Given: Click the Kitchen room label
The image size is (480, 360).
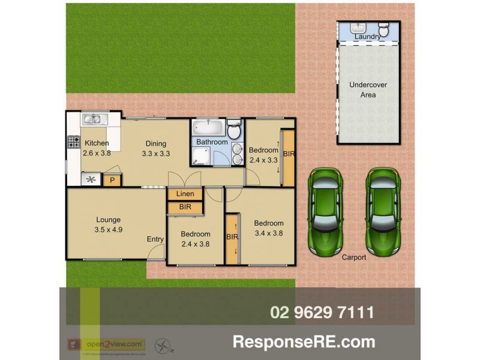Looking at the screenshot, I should tap(97, 143).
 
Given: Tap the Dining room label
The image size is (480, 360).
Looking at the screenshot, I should tap(155, 143).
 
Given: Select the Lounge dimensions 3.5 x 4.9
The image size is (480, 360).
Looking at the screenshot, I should tap(108, 229).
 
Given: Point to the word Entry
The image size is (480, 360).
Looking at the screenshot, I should tap(155, 239).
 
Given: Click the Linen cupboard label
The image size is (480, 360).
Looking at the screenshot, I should tap(185, 194).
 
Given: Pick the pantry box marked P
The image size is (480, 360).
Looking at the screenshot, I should tap(112, 179).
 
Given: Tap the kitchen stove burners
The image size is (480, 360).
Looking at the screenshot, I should tap(74, 142).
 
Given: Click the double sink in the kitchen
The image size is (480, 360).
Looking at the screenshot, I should tap(94, 119).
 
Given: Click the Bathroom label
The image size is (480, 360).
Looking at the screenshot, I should tap(212, 142).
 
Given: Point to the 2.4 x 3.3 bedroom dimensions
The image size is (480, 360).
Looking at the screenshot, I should tap(263, 160).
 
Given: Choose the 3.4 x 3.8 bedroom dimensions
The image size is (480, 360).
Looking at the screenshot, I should tap(269, 233).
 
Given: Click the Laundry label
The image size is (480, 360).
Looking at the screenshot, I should tap(367, 37).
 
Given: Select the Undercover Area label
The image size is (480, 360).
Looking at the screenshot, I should tap(368, 90).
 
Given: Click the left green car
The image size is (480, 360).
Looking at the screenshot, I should tap(325, 210).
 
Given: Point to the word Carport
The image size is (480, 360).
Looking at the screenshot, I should tap(354, 257).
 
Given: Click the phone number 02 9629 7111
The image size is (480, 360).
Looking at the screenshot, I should tap(322, 312).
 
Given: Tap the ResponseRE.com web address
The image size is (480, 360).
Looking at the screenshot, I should tap(304, 342).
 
